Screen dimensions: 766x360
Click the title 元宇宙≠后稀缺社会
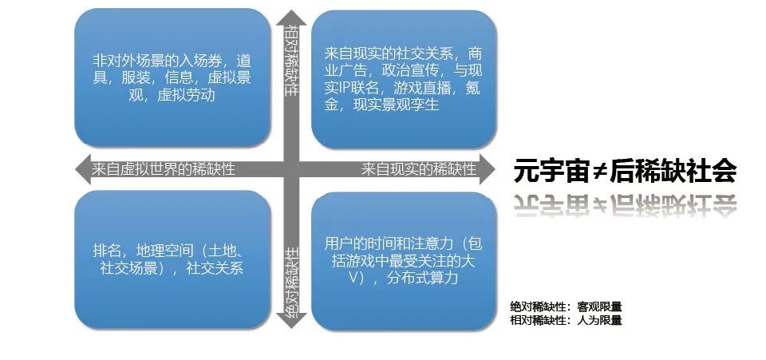pyautogui.click(x=624, y=170)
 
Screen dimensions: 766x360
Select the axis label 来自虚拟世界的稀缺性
pyautogui.click(x=164, y=169)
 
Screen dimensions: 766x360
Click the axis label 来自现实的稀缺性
pyautogui.click(x=418, y=169)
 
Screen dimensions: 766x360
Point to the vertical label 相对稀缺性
pyautogui.click(x=291, y=61)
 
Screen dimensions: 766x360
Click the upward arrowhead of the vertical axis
pyautogui.click(x=291, y=15)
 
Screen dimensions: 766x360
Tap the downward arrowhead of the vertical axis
pyautogui.click(x=291, y=321)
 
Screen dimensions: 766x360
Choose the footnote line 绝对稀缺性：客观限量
pyautogui.click(x=566, y=306)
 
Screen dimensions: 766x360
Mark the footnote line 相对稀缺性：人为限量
pyautogui.click(x=566, y=320)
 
